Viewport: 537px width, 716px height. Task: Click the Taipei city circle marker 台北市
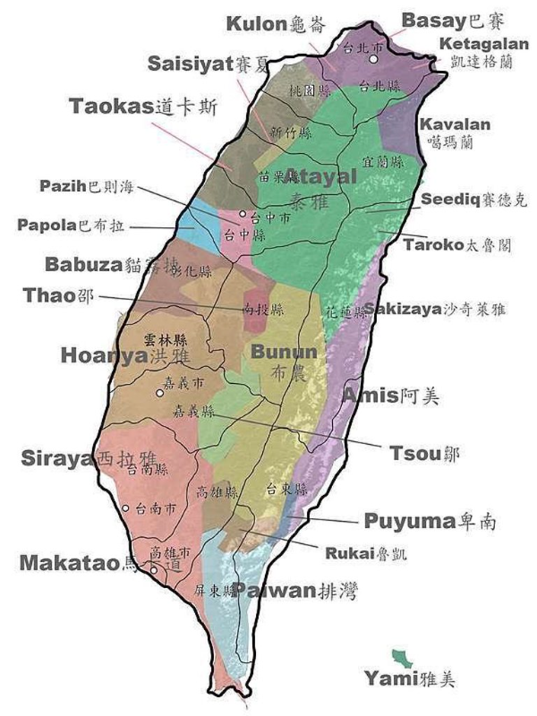coord(375,60)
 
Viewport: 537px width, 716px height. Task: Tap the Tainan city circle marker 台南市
coord(125,508)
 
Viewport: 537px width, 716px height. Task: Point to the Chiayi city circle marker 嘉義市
coord(160,392)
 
